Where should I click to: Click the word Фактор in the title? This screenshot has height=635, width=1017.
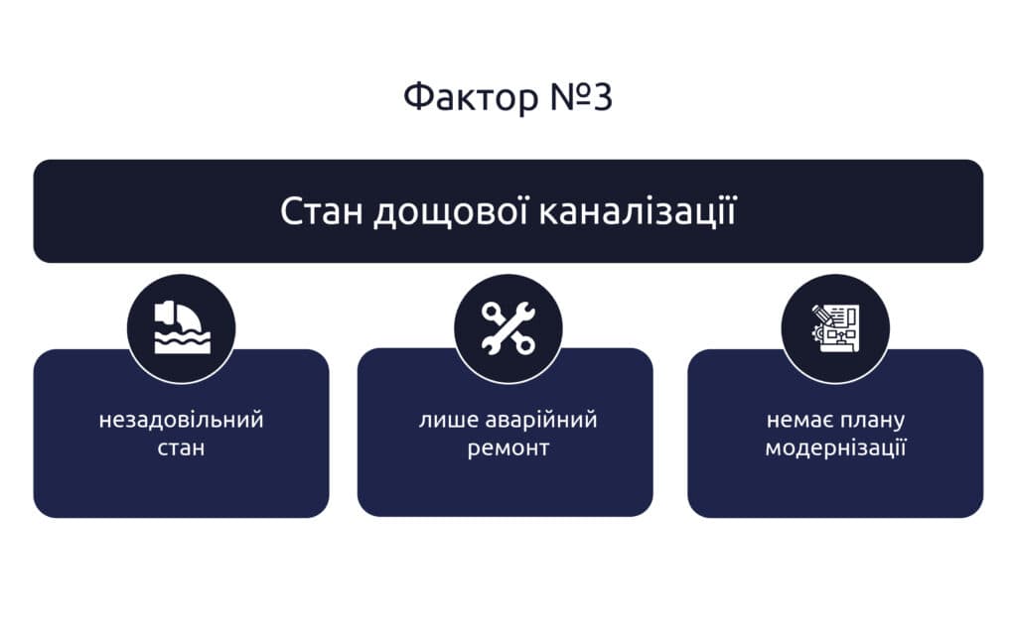[x=471, y=97]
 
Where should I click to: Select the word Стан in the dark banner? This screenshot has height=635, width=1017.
[x=321, y=211]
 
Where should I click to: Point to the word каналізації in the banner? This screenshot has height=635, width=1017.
[x=639, y=212]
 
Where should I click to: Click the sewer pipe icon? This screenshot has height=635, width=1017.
[x=182, y=327]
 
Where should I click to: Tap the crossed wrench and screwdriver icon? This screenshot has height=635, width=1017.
[x=508, y=327]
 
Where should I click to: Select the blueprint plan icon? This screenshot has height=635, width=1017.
[x=835, y=327]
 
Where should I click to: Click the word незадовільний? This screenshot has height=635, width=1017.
[x=181, y=420]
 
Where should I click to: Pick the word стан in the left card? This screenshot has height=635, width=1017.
[x=181, y=447]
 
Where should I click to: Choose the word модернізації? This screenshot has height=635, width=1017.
[x=835, y=448]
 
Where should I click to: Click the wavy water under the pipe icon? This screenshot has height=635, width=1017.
[x=183, y=341]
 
